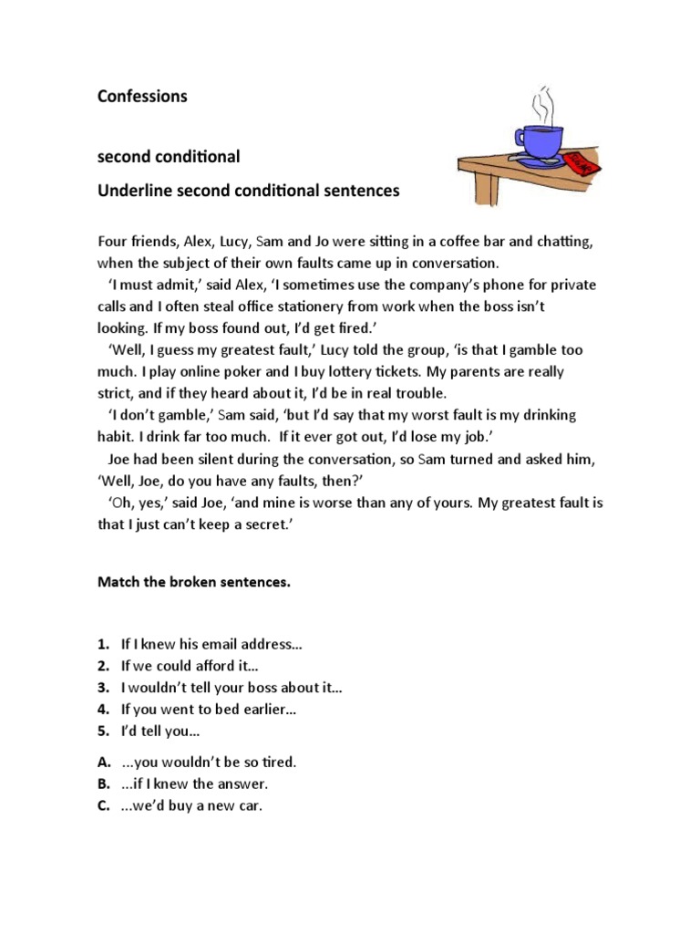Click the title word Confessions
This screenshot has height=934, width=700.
[x=142, y=96]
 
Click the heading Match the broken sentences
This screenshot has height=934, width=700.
[x=193, y=583]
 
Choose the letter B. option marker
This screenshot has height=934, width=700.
[x=104, y=784]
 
